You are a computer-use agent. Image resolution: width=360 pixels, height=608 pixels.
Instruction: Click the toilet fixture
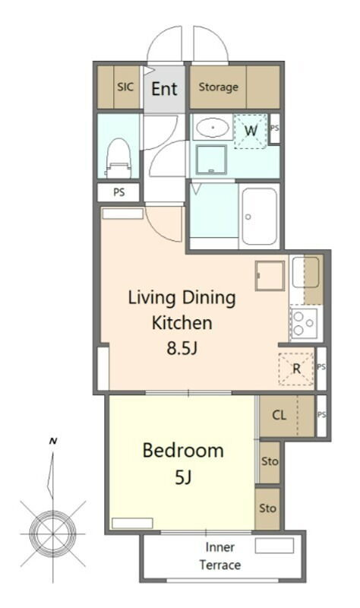[118, 158]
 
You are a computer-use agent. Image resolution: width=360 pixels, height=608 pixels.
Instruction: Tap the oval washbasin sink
[212, 127]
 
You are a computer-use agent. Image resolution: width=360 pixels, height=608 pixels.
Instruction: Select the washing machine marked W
[251, 131]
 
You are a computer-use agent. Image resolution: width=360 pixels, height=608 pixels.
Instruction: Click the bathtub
[259, 217]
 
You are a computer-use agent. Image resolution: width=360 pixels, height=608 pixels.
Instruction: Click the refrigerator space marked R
[296, 369]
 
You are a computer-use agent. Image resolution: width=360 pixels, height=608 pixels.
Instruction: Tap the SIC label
[125, 87]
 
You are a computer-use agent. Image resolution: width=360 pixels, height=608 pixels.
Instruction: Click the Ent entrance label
[164, 89]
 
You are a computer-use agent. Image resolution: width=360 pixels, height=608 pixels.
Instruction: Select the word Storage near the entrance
[218, 87]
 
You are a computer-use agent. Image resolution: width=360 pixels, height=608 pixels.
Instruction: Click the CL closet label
[279, 415]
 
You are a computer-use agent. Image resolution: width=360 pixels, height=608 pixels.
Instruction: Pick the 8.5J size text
[182, 349]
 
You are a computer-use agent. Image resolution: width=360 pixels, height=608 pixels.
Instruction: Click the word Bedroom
[183, 451]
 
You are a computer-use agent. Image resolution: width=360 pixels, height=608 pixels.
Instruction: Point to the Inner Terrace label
[219, 556]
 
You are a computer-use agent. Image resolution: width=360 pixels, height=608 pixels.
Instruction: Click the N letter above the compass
[53, 441]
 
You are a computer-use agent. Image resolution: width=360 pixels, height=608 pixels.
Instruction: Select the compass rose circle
[52, 534]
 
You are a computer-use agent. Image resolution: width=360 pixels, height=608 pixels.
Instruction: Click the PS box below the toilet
[118, 192]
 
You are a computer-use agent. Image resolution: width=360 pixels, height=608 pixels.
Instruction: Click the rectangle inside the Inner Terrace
[274, 546]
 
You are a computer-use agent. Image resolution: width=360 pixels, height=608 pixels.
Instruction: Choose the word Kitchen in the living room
[182, 323]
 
